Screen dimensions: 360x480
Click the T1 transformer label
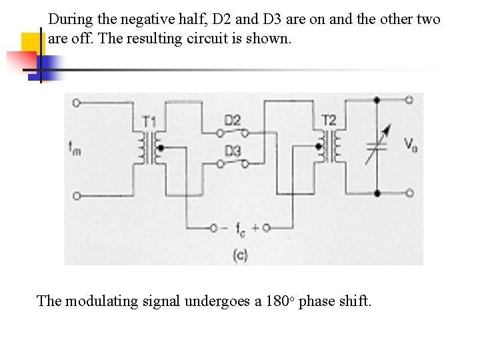coord(149,121)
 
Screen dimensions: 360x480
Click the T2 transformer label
coord(329,119)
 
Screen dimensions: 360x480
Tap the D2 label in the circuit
coord(232,120)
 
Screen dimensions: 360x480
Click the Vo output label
coord(411,145)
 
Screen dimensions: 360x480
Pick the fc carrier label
coord(239,228)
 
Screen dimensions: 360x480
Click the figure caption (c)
coord(240,255)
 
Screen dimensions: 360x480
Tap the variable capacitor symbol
coord(377,147)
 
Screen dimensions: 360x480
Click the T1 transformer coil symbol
coord(150,147)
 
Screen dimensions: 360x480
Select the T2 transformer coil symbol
coord(329,145)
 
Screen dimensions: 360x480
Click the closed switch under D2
coord(233,131)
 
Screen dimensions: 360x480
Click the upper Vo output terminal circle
coord(409,100)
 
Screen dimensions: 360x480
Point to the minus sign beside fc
coord(227,227)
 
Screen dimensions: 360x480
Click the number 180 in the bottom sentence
coord(276,301)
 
